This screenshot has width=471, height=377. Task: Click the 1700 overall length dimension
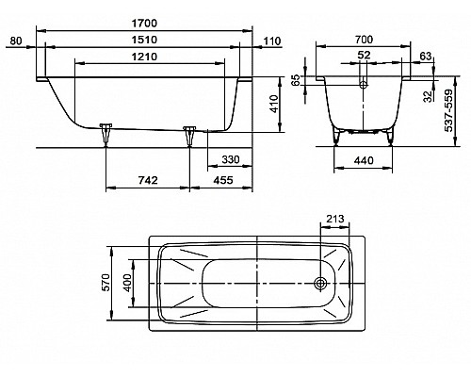pyautogui.click(x=145, y=24)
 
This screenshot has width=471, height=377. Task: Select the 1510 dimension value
pyautogui.click(x=145, y=40)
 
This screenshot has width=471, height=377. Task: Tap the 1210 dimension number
pyautogui.click(x=145, y=57)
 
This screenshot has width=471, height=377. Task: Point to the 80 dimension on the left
pyautogui.click(x=16, y=41)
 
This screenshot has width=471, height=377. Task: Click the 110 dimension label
pyautogui.click(x=271, y=41)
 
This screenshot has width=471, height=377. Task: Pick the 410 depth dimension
pyautogui.click(x=274, y=104)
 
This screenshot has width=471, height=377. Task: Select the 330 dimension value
pyautogui.click(x=231, y=159)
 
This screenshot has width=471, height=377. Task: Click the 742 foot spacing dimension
pyautogui.click(x=148, y=180)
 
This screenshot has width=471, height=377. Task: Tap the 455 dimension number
pyautogui.click(x=223, y=180)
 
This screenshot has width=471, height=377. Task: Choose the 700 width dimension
pyautogui.click(x=364, y=40)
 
